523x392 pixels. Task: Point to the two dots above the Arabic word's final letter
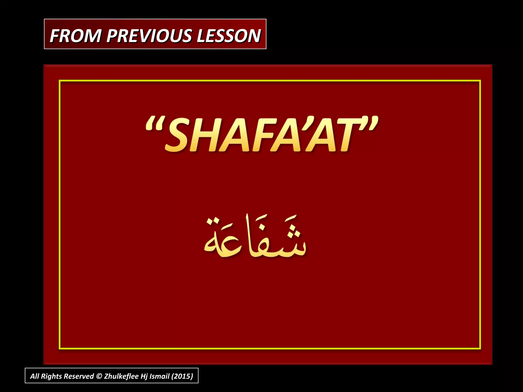(213, 221)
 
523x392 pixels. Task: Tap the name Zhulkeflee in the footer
(121, 376)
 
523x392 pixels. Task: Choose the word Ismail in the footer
(159, 376)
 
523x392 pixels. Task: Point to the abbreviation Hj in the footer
(144, 376)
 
